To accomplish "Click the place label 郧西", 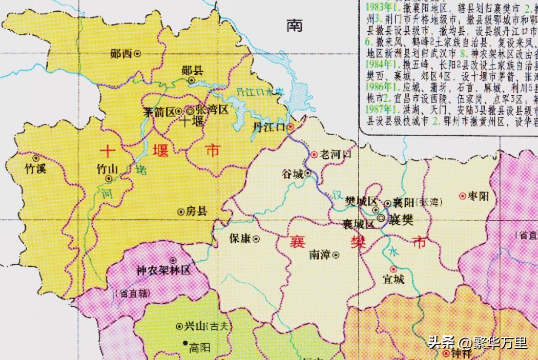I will [x=121, y=53].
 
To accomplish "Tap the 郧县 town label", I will [x=193, y=71].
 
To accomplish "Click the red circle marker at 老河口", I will [x=314, y=154].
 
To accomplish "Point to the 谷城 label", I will [x=293, y=174].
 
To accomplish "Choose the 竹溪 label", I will [x=35, y=168].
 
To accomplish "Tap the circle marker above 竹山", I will [x=109, y=178].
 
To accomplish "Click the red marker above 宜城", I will [x=393, y=269].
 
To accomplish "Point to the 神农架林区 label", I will [x=163, y=270].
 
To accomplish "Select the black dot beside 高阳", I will [x=183, y=343].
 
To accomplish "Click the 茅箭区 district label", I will [x=159, y=111].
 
